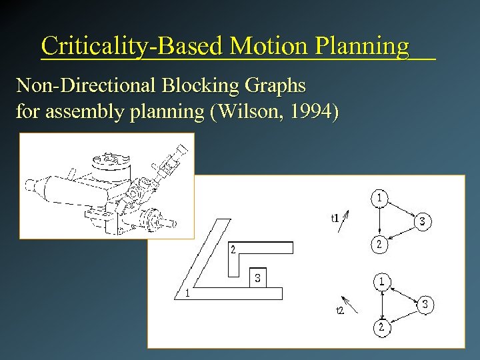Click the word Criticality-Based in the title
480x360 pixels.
click(x=132, y=46)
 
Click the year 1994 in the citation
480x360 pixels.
click(x=311, y=111)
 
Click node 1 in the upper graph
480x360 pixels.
click(x=379, y=197)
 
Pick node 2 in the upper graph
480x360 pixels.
click(x=379, y=245)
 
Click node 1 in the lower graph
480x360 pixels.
click(x=382, y=281)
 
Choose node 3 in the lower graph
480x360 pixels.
click(x=427, y=305)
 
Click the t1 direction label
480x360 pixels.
click(x=335, y=217)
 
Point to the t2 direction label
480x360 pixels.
click(x=339, y=311)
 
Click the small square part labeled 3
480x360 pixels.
click(x=257, y=277)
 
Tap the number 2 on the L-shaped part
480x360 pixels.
click(x=233, y=250)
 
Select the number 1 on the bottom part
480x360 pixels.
click(x=189, y=293)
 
